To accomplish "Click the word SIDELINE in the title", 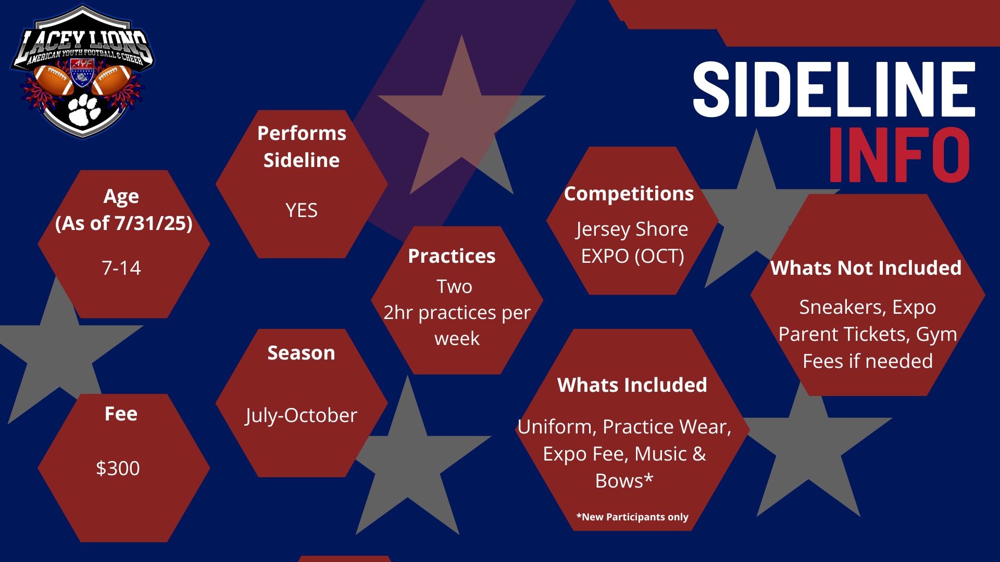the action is pos(834,89).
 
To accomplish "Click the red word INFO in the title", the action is pos(899,155).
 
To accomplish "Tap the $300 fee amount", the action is pos(118,468).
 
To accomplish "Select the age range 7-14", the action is pos(121,267).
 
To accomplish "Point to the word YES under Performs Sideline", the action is pos(302,210).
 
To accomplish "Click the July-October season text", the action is pos(302,415).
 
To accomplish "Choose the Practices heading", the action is pos(452,256).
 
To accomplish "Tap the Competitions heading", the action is pos(629,194).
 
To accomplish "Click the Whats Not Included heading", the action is pos(866,268).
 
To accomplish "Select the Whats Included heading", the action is pos(632,385).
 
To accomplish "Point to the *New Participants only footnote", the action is pos(632,517).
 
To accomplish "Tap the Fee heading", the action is pos(121,414).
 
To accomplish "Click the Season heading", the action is pos(301,353).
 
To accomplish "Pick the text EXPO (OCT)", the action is pos(632,256).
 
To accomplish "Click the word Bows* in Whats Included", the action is pos(624,481).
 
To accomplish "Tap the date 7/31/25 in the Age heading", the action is pos(150,223).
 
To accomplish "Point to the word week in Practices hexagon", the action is pos(457,339).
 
